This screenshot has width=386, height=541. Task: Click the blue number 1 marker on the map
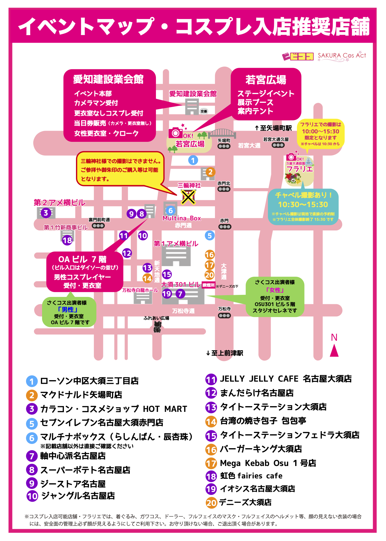coord(193,160)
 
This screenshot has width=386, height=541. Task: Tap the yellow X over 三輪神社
coord(188,197)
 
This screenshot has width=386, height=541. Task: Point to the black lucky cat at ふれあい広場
coord(157,327)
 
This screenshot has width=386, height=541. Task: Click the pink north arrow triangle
coord(334,351)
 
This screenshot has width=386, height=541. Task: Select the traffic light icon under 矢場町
coord(224,146)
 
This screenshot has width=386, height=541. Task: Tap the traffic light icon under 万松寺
coord(224,315)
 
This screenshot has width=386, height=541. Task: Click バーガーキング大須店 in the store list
coord(260,449)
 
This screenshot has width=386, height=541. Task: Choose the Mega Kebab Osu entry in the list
coord(268,463)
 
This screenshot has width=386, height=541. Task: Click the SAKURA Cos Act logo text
coord(342,56)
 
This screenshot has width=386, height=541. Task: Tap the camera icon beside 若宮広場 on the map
coord(175,132)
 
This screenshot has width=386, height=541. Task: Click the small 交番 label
coord(204,111)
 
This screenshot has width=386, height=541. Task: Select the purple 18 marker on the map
coord(67,240)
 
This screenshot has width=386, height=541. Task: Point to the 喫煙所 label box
coord(209,285)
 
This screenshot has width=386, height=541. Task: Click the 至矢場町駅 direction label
coord(273,128)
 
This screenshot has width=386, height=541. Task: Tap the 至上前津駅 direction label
coord(225,353)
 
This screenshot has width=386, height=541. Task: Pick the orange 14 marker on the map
coord(147,278)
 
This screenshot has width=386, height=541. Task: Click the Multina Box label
coord(182,218)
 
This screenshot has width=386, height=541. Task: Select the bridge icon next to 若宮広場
coord(222,133)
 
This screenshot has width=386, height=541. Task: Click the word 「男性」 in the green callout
coord(68,309)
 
